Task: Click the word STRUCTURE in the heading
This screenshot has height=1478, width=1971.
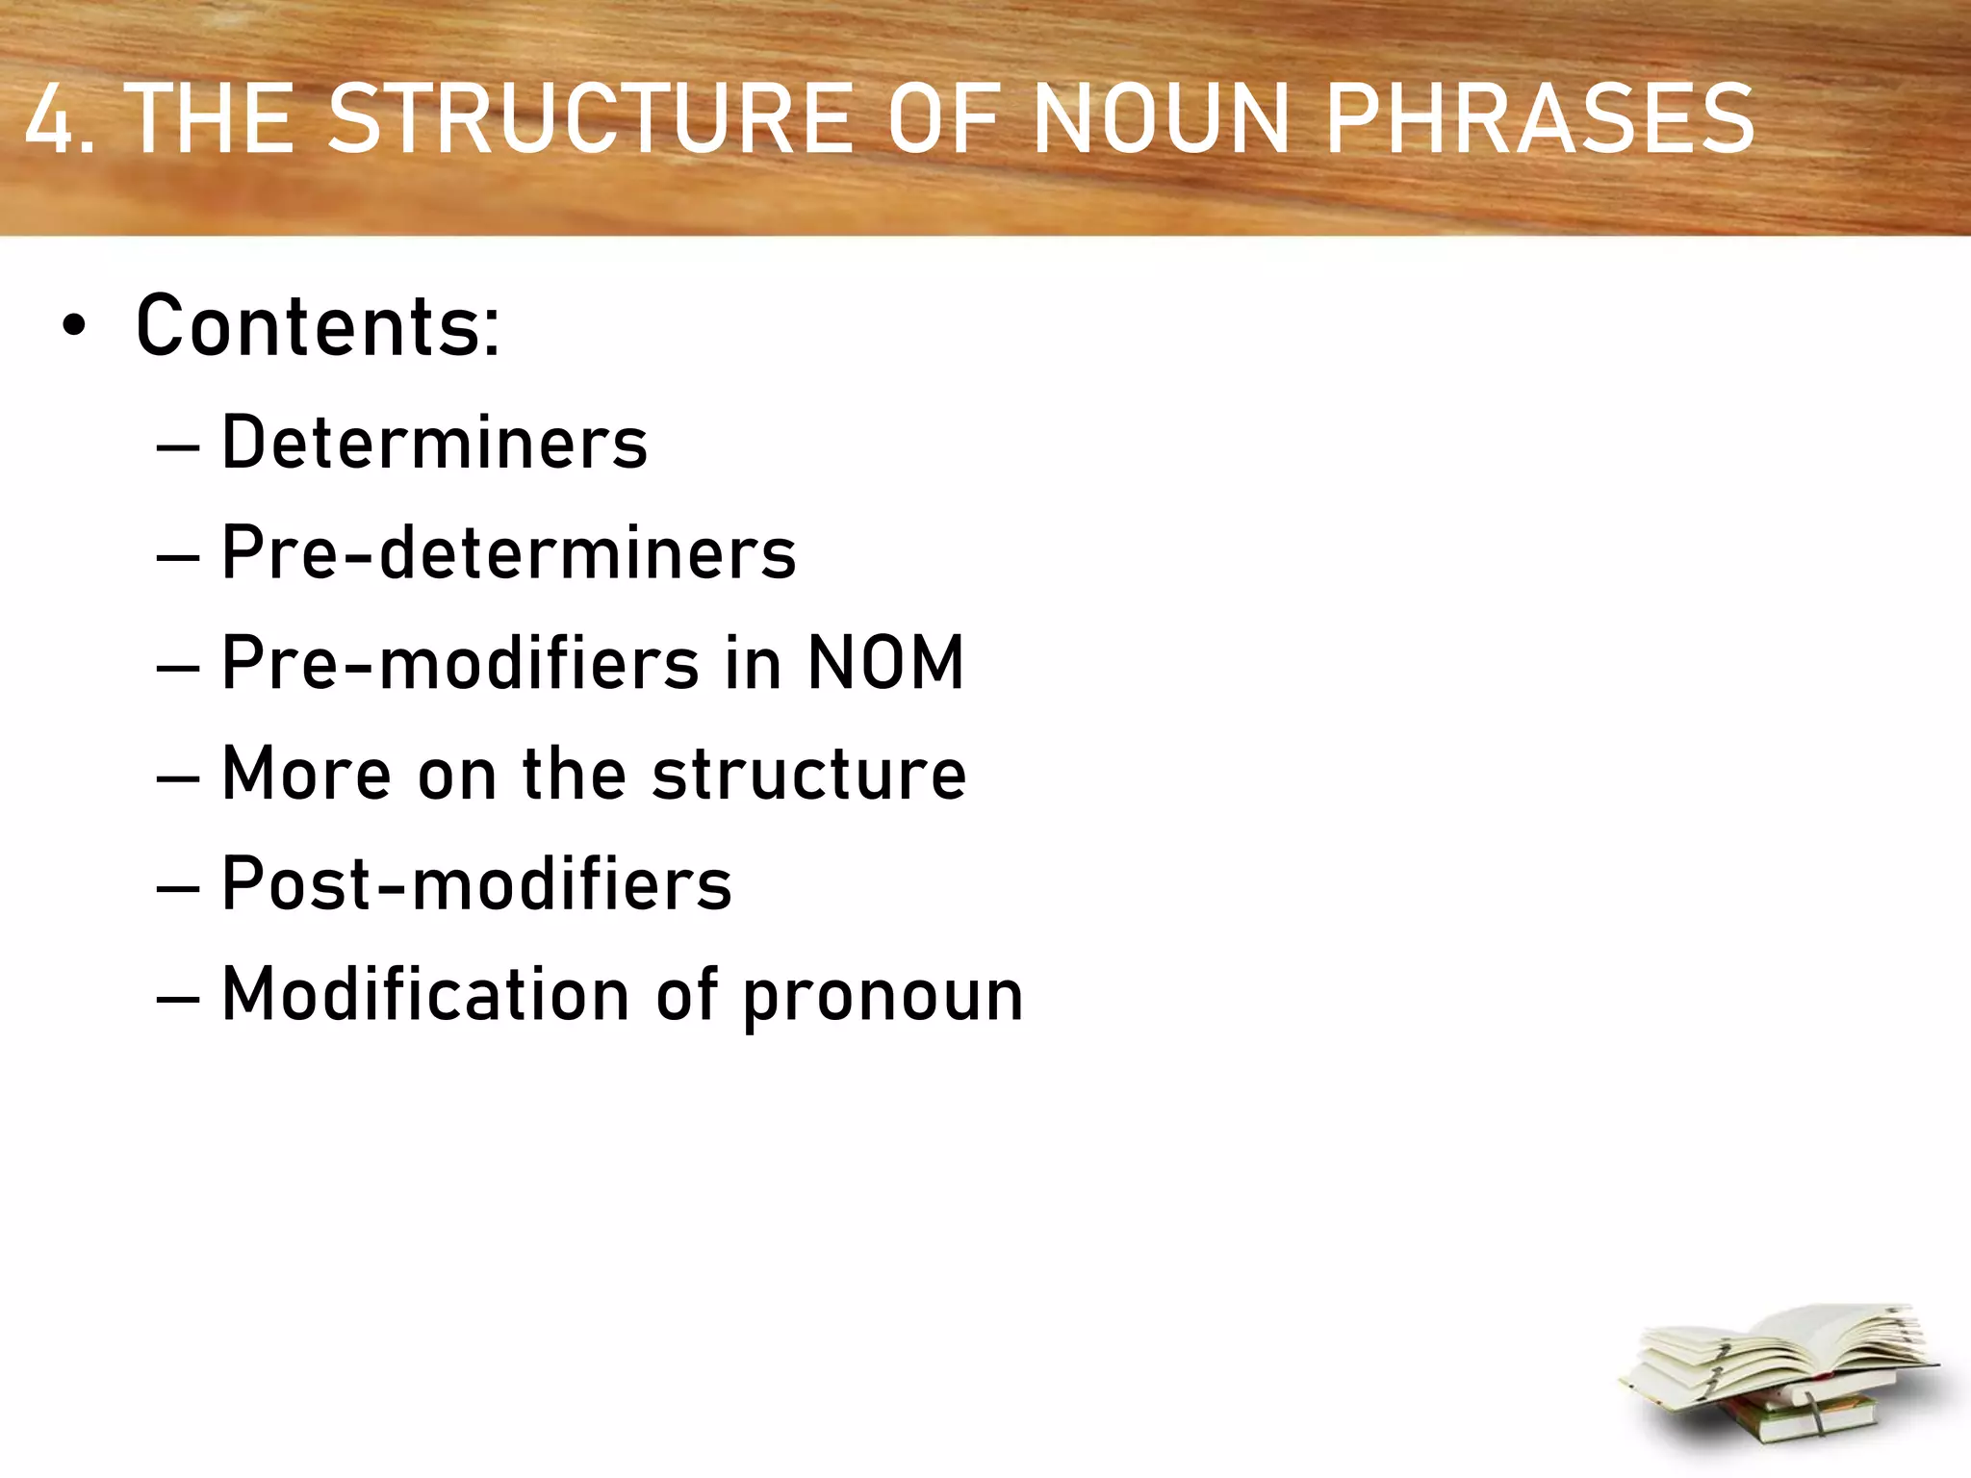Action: (590, 119)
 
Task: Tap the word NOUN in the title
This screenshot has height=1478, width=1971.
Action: (1161, 119)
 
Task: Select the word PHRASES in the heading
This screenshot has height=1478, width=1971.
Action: (1540, 119)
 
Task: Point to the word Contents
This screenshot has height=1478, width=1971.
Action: (318, 327)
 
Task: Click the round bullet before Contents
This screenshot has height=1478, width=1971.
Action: (73, 327)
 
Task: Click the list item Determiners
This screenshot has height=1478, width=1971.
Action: (435, 443)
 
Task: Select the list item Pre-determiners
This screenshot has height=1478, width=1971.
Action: (509, 553)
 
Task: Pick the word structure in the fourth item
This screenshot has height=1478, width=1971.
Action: (808, 774)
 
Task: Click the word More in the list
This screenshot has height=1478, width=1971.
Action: (306, 774)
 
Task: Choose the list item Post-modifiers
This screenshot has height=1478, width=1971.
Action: (476, 883)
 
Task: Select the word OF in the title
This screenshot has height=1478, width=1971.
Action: (943, 119)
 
